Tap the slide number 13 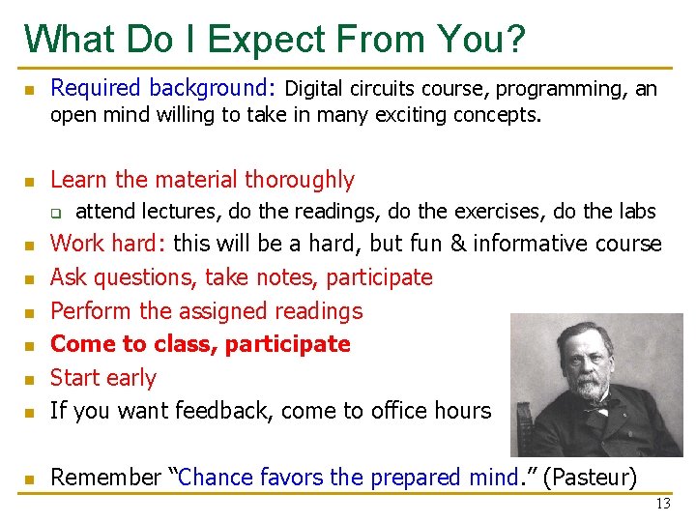click(x=662, y=504)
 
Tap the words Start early click(x=102, y=377)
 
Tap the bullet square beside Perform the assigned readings click(x=30, y=312)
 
